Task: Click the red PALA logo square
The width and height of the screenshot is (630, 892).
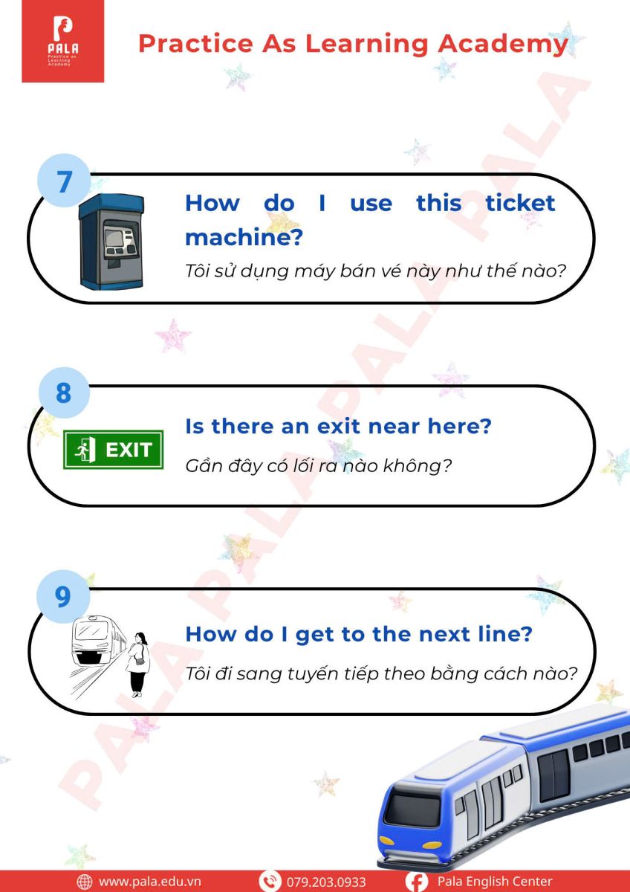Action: (x=63, y=42)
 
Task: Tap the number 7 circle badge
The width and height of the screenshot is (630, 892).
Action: (x=64, y=181)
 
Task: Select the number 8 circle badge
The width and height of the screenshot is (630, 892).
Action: (x=64, y=392)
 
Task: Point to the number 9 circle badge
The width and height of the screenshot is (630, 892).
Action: (x=63, y=596)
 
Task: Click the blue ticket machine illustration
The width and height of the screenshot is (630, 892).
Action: (x=111, y=242)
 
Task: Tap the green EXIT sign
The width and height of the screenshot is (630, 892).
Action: (x=114, y=450)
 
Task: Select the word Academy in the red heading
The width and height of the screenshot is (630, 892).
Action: (x=503, y=45)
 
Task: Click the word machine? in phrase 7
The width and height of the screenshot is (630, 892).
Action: (x=244, y=237)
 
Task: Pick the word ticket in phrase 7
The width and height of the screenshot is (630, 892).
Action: (x=520, y=203)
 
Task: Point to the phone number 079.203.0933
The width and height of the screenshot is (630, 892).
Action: (x=326, y=882)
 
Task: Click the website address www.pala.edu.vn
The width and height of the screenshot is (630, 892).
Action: (x=149, y=882)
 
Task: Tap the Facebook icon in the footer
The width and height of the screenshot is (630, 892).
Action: (x=417, y=882)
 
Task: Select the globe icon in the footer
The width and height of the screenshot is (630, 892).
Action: (x=85, y=882)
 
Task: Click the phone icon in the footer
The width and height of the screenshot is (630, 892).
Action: (x=270, y=882)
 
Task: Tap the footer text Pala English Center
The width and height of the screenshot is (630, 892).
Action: (x=495, y=882)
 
